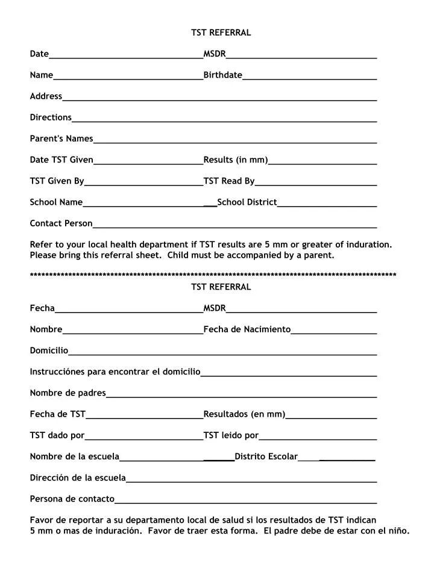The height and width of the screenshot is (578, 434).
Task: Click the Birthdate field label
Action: coord(222,75)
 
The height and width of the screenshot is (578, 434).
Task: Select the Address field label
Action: coord(46,96)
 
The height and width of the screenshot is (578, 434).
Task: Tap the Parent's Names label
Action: coord(61,138)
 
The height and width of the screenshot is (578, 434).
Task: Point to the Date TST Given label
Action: coord(61,160)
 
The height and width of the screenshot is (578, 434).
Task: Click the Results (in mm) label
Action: coord(235,160)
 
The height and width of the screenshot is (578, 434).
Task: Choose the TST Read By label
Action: coord(229,181)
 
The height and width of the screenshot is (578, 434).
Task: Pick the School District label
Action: coord(247,202)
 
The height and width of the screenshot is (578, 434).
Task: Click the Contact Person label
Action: coord(61,223)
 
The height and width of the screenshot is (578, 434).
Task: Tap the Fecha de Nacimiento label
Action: coord(247,329)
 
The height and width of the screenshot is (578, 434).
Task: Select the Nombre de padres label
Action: coord(68,393)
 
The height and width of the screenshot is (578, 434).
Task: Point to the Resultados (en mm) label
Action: coord(244,414)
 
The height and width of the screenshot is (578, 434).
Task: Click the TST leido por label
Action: coord(231,435)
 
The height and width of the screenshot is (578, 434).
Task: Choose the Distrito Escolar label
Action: coord(266,456)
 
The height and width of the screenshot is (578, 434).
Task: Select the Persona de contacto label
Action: coord(72,499)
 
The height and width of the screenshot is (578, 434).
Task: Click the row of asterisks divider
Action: coord(213,275)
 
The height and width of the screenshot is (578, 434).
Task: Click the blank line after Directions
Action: coord(224,120)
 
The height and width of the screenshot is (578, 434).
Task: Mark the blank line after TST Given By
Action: coord(143,184)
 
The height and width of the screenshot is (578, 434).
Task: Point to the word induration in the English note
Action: coord(368,244)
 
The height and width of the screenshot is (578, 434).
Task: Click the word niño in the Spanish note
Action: coord(398,530)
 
